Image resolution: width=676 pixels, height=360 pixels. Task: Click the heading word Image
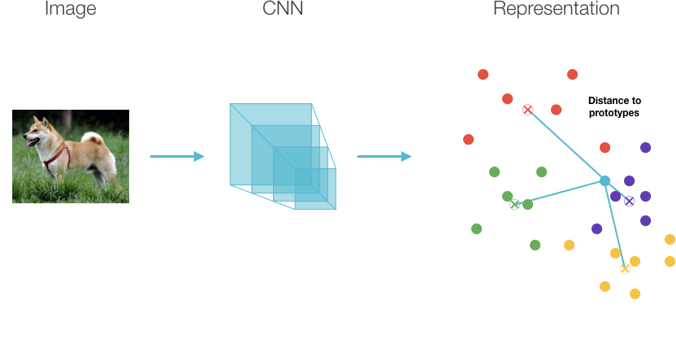(x=70, y=9)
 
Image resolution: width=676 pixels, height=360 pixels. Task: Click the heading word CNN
(x=283, y=8)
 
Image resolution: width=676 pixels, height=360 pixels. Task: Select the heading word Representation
(x=556, y=8)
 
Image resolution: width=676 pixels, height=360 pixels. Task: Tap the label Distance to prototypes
(x=614, y=106)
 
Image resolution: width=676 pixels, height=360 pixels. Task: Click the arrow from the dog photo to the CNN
(x=177, y=156)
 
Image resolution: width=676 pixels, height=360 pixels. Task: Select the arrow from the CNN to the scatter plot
(x=384, y=156)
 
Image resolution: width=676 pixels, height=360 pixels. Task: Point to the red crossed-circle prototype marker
(x=527, y=110)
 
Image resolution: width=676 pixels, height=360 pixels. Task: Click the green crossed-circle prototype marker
(x=514, y=204)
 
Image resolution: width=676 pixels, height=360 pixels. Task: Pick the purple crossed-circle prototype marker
(x=630, y=201)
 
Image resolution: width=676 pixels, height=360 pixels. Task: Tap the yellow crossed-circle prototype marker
(x=625, y=269)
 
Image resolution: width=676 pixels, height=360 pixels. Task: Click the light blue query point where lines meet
(x=604, y=181)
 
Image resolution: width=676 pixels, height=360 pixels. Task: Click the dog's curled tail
(x=93, y=138)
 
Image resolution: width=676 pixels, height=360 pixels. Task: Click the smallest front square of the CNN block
(x=315, y=189)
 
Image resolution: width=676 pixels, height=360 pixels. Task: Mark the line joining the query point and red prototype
(x=566, y=145)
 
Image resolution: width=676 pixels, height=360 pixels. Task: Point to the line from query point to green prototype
(x=560, y=193)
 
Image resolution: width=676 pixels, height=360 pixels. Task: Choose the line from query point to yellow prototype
(x=615, y=224)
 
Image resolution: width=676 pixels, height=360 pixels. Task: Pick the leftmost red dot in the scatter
(x=468, y=139)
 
